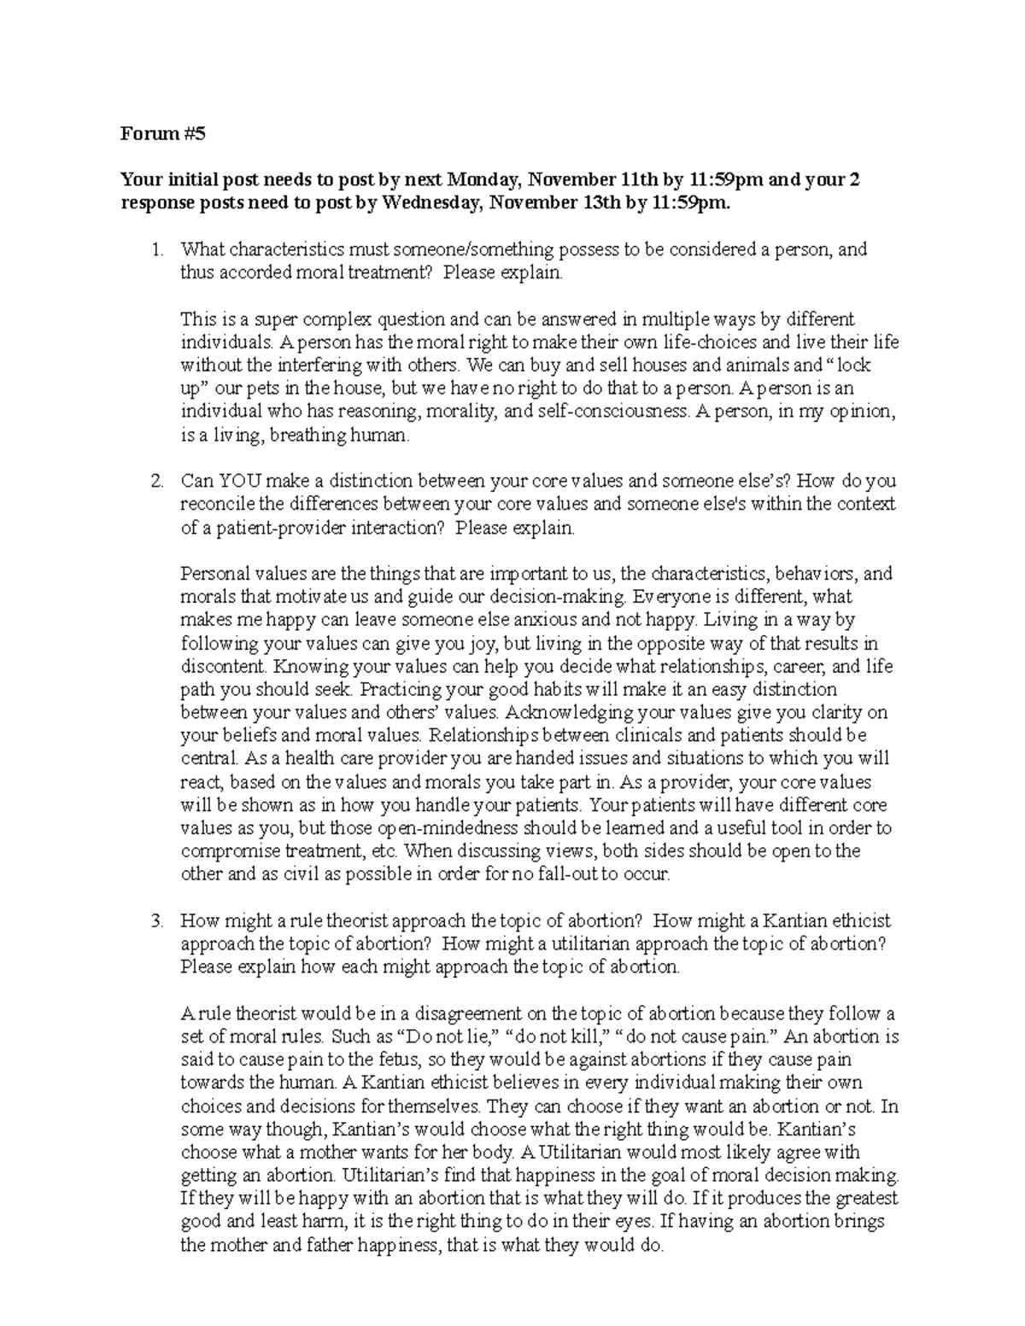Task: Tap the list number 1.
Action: [155, 250]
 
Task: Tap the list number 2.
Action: [155, 482]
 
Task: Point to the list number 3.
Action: [155, 921]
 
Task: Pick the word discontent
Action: [222, 667]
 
